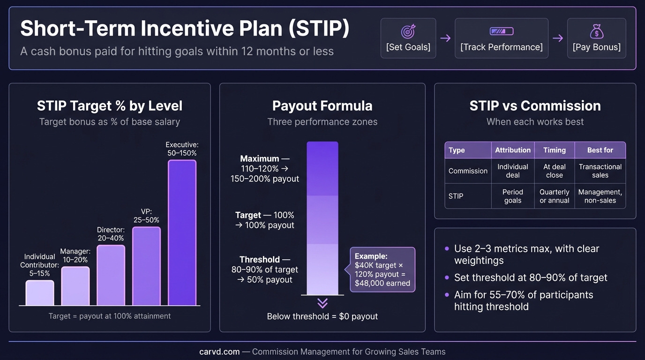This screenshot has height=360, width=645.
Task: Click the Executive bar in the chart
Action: [182, 232]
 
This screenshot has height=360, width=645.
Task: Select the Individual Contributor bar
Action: [40, 293]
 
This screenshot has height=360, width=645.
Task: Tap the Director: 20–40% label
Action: [111, 234]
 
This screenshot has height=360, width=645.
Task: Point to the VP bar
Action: [146, 266]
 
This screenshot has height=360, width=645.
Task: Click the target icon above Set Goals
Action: [408, 31]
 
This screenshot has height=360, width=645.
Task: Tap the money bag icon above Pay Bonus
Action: [596, 31]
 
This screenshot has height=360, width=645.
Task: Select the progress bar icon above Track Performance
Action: [501, 31]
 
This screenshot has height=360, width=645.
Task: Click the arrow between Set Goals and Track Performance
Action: [445, 38]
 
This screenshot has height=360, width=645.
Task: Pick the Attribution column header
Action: [512, 150]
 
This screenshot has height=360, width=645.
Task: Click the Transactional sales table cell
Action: [600, 171]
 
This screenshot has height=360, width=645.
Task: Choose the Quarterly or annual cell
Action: [554, 196]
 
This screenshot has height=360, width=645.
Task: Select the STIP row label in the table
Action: [456, 196]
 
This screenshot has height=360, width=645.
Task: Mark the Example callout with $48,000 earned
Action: [382, 270]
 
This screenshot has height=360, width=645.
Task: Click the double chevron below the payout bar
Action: [322, 302]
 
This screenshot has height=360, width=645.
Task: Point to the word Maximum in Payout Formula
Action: [260, 158]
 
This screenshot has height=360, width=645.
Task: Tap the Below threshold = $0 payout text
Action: [322, 316]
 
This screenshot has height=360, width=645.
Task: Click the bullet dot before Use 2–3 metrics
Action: [447, 249]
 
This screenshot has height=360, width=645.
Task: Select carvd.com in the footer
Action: [219, 352]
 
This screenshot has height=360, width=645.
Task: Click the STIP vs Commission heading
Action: [535, 106]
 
